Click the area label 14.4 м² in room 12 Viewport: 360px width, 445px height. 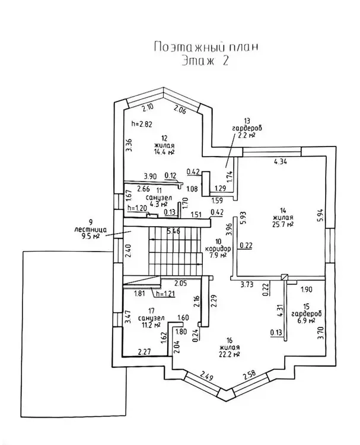(164, 152)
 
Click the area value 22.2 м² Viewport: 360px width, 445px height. (228, 355)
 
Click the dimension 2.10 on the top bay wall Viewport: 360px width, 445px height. (148, 107)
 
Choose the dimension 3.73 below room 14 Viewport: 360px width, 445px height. (250, 285)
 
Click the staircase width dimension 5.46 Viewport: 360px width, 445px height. (173, 231)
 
